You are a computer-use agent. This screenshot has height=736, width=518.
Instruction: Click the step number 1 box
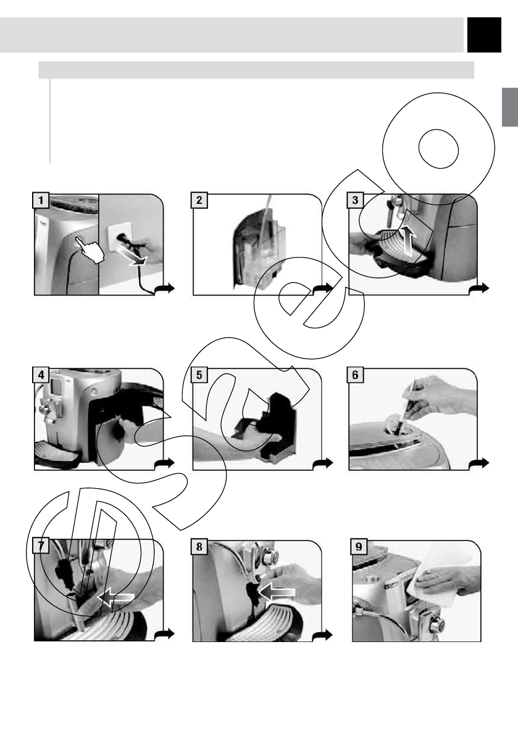[41, 200]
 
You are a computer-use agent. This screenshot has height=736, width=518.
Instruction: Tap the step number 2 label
[199, 200]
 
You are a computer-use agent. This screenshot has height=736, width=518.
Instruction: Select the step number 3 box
[355, 200]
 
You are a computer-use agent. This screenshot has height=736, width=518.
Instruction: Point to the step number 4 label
[41, 375]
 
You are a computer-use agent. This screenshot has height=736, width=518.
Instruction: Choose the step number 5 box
[199, 375]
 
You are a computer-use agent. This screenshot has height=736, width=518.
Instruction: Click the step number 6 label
[355, 375]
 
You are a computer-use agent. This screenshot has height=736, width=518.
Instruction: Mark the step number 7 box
[41, 546]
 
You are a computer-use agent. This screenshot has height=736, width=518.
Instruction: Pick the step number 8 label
[199, 546]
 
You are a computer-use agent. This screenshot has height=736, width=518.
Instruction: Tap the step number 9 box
[359, 546]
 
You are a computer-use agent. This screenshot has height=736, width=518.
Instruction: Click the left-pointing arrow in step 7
[116, 597]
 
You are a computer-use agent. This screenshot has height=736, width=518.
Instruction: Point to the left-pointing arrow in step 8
[277, 593]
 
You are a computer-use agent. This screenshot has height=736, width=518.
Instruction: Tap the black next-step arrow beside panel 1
[165, 289]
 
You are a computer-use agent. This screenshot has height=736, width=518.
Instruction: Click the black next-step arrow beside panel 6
[478, 463]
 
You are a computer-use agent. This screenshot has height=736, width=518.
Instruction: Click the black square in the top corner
[484, 35]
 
